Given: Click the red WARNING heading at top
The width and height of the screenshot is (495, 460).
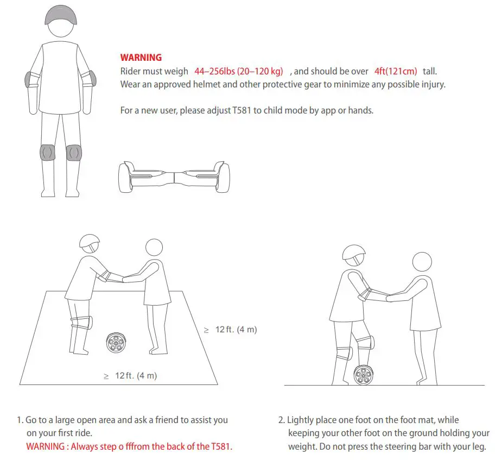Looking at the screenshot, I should click(141, 58).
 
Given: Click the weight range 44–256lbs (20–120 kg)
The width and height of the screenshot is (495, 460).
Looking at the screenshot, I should click(239, 71).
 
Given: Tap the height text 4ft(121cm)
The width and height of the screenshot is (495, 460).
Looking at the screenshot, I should click(396, 71).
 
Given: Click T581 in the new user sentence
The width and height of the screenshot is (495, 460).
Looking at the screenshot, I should click(245, 110).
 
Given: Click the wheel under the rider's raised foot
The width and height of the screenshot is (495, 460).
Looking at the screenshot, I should click(363, 375).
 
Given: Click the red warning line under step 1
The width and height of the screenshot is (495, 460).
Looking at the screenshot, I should click(129, 446).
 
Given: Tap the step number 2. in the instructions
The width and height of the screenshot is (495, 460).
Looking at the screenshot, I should click(281, 420).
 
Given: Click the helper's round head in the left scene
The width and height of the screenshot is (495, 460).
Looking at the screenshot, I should click(154, 248).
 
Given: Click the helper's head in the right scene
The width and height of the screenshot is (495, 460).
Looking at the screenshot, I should click(422, 261).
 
